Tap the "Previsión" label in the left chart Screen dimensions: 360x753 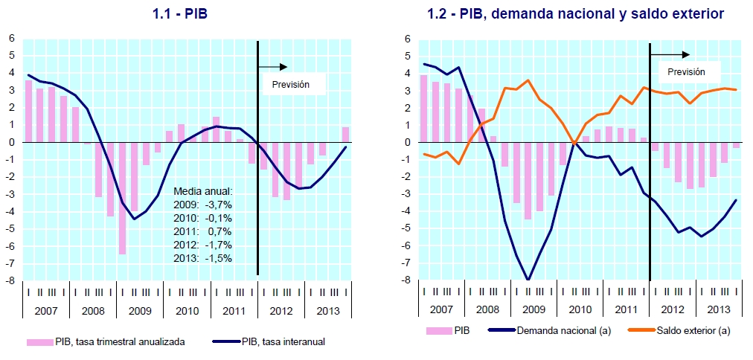(290, 85)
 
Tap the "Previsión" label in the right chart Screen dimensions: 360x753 (685, 72)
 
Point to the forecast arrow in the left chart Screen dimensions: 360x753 (275, 67)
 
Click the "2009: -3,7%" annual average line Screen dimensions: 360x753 (202, 205)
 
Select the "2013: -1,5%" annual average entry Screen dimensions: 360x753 (202, 258)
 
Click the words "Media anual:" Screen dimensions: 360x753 (202, 191)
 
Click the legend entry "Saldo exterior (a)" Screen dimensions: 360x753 (697, 330)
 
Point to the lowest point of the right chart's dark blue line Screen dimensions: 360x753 (528, 280)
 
